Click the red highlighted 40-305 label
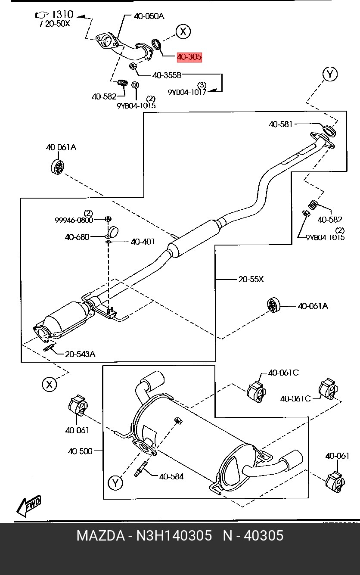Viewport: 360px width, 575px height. point(189,57)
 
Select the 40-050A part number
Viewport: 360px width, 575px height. point(149,16)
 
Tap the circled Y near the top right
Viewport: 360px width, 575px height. point(330,75)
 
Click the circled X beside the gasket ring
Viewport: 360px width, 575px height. point(183,31)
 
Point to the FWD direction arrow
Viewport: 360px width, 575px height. point(29,506)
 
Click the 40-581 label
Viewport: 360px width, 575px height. point(280,124)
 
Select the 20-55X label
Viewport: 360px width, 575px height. point(251,279)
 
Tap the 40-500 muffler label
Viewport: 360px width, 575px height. point(80,451)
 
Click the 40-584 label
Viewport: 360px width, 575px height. point(171,476)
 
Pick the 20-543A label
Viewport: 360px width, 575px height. point(80,354)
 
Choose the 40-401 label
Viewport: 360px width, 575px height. point(143,242)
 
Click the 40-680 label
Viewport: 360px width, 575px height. point(77,236)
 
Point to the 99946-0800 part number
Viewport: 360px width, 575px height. point(74,220)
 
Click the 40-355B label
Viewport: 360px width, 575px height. point(167,75)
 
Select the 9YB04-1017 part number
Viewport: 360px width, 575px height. point(187,92)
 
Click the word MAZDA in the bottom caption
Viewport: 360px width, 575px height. point(100,536)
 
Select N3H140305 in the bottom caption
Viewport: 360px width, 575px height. point(174,536)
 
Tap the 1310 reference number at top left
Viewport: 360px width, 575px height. point(62,15)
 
